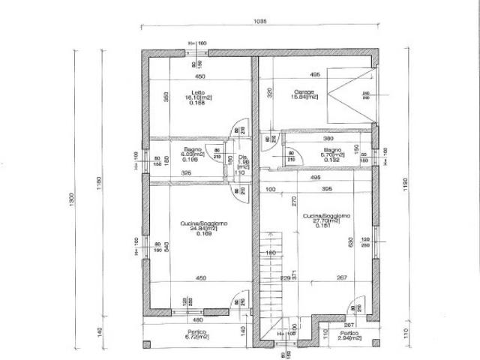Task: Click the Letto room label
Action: point(197,93)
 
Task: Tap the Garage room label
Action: point(304,92)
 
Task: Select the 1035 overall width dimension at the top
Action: point(260,22)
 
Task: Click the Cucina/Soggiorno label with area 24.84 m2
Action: point(198,225)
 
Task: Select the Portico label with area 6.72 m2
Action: point(197,334)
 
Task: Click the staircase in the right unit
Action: point(272,270)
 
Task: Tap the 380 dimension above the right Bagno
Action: point(328,138)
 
